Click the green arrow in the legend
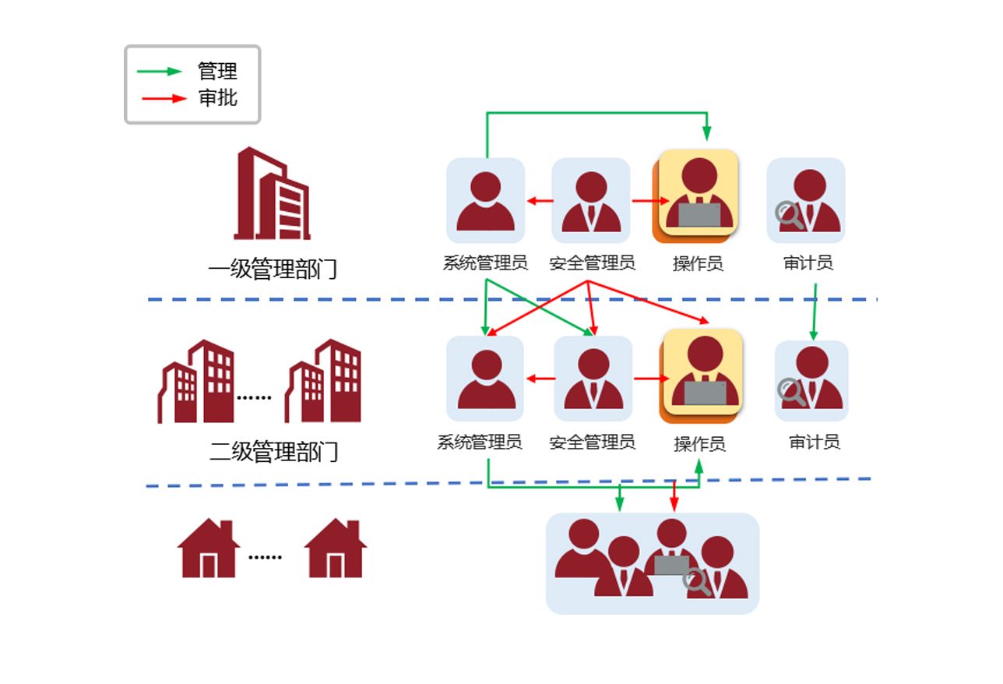point(159,72)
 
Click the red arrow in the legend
point(164,98)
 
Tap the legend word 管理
point(217,72)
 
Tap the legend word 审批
point(217,98)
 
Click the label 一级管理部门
point(273,270)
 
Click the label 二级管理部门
point(274,452)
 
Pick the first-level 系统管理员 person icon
point(485,201)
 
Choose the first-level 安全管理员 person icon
point(591,201)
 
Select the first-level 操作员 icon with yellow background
point(699,192)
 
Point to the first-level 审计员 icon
point(806,201)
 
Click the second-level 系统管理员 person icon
point(486,379)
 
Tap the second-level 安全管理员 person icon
point(593,379)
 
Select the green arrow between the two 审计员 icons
point(815,312)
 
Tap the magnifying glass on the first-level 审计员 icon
point(789,215)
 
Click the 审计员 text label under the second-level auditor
point(815,442)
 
